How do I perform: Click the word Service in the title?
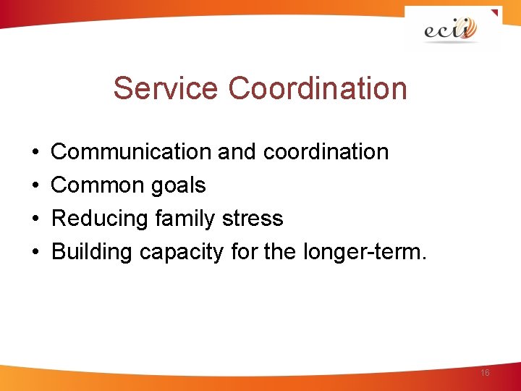click(x=166, y=88)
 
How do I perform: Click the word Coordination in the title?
click(x=318, y=88)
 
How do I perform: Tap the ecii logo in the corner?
click(x=452, y=30)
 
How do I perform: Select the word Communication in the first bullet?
click(x=131, y=152)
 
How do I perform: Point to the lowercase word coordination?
click(x=326, y=152)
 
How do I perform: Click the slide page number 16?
click(x=485, y=372)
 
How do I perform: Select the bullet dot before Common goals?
click(x=35, y=186)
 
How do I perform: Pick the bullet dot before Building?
click(x=35, y=253)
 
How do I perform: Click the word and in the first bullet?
click(x=237, y=152)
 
